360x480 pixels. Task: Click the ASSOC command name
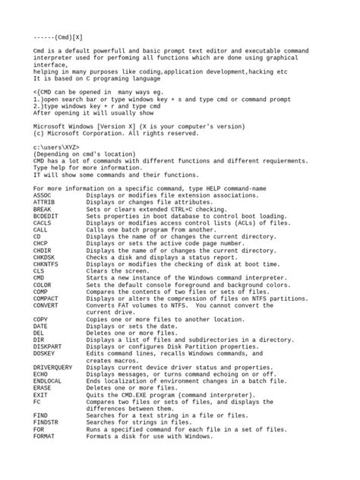point(44,194)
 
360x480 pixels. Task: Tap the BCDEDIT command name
point(47,215)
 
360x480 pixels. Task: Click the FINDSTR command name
point(47,422)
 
